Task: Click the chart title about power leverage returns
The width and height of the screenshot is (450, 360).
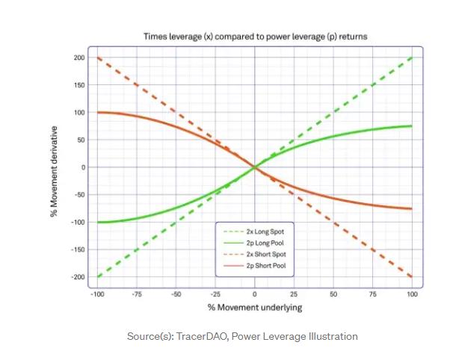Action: (255, 36)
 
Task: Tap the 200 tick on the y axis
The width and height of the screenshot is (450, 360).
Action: (78, 58)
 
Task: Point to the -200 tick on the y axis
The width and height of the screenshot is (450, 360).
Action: (77, 277)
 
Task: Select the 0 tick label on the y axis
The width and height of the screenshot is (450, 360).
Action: (82, 167)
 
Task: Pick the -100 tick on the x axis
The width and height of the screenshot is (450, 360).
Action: (96, 294)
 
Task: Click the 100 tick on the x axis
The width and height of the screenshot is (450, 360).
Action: (413, 294)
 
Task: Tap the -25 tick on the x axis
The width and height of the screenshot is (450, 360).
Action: (215, 294)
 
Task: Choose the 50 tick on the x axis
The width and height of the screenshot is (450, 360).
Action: (333, 294)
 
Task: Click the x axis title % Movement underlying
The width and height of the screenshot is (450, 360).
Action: (255, 307)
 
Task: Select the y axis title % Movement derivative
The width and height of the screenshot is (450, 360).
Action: (55, 168)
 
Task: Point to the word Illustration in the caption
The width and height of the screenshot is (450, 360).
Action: (333, 337)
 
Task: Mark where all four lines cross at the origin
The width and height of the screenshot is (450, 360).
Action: (255, 167)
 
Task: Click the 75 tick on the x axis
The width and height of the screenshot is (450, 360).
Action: (373, 294)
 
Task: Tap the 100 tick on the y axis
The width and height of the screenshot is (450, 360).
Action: (78, 112)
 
